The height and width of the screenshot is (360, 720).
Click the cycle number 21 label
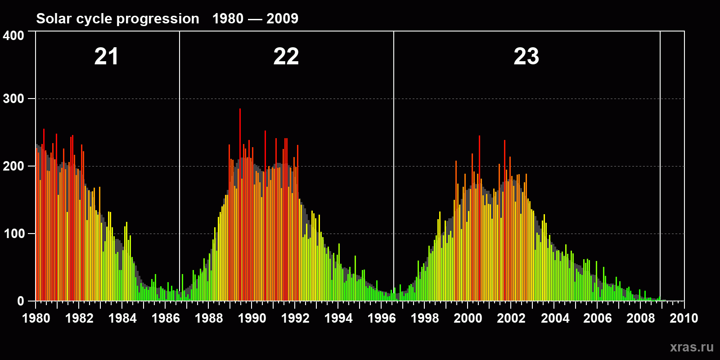click(106, 57)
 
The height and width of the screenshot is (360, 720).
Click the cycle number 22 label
click(286, 57)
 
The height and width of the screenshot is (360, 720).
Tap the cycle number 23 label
click(526, 57)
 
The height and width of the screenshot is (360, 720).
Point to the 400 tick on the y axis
click(13, 36)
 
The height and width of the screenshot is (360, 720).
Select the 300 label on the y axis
click(13, 99)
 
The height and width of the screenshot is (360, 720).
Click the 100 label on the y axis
click(13, 234)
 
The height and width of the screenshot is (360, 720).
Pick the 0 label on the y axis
click(21, 301)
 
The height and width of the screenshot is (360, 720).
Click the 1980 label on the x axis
click(36, 319)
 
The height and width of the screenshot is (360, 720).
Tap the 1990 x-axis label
click(252, 319)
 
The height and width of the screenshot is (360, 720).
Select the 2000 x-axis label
click(468, 319)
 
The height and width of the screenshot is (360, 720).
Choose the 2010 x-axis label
click(684, 319)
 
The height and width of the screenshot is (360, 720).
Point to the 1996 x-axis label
click(382, 319)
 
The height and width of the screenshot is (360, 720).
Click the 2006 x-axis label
click(598, 319)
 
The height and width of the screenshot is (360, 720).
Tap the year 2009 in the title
click(282, 19)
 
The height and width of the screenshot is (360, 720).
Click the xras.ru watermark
click(692, 347)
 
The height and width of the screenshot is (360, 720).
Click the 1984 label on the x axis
click(122, 319)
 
